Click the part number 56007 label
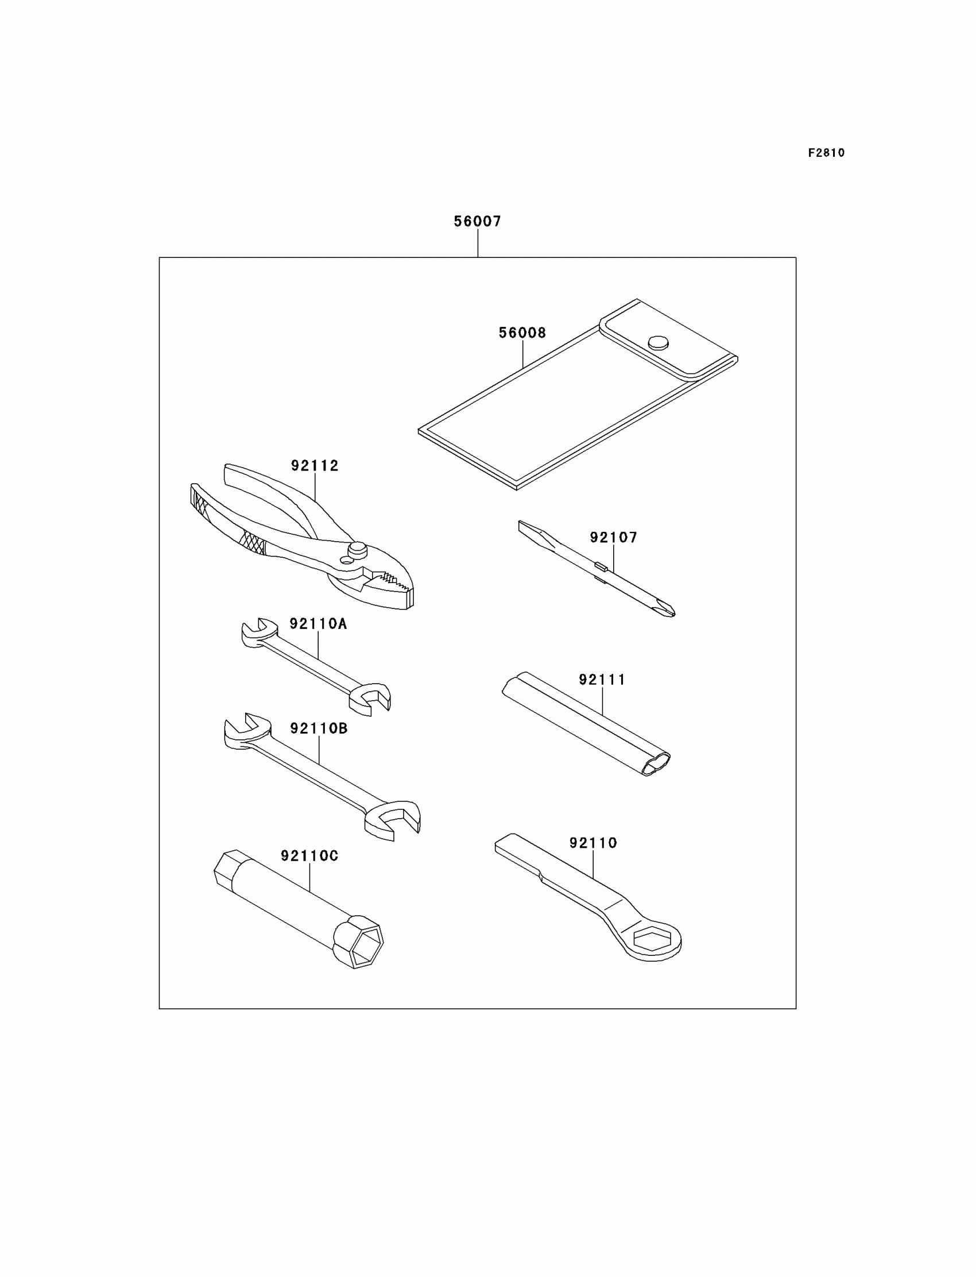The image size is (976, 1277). (477, 222)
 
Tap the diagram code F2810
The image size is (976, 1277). (826, 153)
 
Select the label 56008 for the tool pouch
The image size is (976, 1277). (522, 333)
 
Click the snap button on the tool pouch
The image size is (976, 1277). (657, 342)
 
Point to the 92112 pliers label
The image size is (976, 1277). (314, 465)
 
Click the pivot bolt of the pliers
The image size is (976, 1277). (357, 549)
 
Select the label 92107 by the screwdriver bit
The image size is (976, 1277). (614, 538)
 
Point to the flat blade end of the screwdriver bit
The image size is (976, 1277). (528, 529)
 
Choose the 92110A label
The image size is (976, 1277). (318, 624)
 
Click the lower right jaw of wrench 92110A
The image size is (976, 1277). (373, 697)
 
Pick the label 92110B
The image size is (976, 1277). (319, 728)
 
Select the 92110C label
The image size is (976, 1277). (309, 855)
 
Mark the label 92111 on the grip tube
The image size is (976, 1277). (602, 680)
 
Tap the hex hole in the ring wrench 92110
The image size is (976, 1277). (652, 939)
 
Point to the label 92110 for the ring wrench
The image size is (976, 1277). (592, 843)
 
